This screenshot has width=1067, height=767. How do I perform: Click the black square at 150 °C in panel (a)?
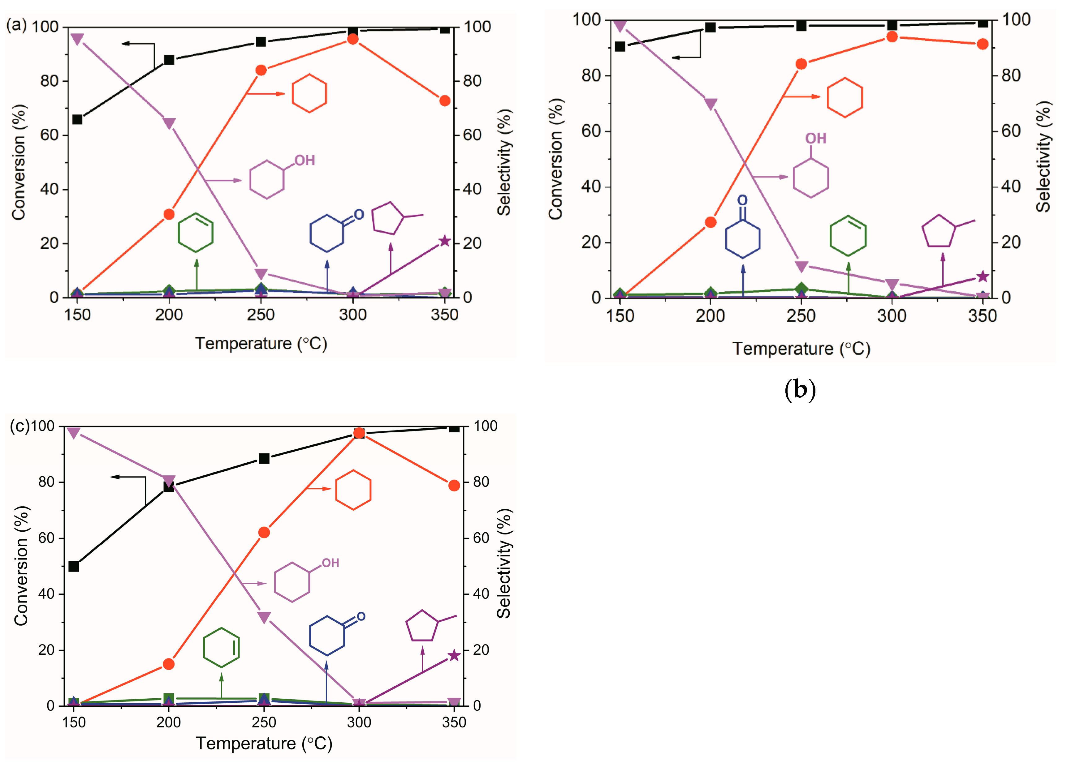click(x=77, y=119)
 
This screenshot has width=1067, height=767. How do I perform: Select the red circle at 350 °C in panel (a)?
click(x=445, y=101)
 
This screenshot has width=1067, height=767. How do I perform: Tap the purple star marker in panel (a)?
click(x=445, y=241)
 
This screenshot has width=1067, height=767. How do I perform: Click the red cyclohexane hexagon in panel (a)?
click(x=309, y=93)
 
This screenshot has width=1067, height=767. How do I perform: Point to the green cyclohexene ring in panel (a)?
click(x=196, y=233)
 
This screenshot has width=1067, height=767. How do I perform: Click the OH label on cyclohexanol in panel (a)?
click(x=305, y=161)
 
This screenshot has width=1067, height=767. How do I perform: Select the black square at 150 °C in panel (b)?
click(x=620, y=46)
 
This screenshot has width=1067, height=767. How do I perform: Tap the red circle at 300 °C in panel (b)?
click(x=892, y=37)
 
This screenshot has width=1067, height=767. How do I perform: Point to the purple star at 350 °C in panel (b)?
click(x=982, y=276)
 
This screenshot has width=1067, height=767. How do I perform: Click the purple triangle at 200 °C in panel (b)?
click(x=711, y=104)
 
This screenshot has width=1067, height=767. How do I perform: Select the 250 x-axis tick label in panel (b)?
click(x=801, y=315)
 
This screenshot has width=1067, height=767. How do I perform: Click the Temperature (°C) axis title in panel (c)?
click(x=264, y=743)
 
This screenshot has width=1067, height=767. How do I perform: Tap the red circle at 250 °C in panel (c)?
click(x=264, y=532)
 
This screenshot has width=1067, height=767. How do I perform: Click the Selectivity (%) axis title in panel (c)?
click(x=503, y=563)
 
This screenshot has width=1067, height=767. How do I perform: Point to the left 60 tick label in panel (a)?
click(x=49, y=135)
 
